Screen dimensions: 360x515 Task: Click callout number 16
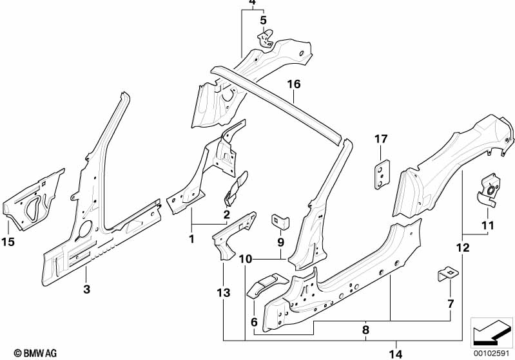pos(294,84)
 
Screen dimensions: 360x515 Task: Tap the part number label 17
pos(381,138)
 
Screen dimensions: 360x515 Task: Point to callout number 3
pos(87,289)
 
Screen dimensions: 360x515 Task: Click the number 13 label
pos(223,294)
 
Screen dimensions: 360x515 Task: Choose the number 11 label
pos(487,225)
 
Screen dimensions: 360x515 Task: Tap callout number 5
pos(262,20)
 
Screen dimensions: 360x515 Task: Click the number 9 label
pos(280,242)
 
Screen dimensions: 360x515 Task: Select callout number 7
pos(451,303)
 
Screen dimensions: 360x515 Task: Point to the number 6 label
pos(253,321)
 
